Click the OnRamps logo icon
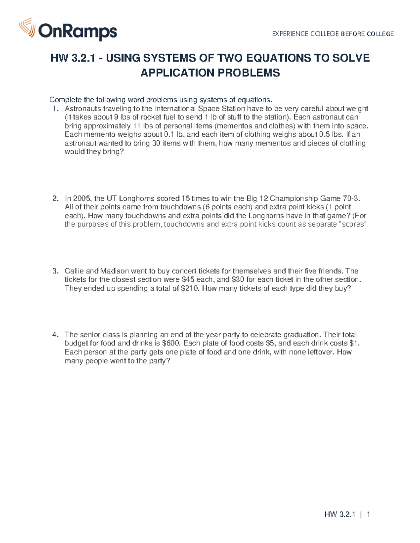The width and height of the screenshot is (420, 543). point(27,28)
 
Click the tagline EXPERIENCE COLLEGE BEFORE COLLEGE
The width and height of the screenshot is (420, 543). point(333,34)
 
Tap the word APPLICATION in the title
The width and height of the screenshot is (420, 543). point(178,73)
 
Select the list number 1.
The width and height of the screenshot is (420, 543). point(55,109)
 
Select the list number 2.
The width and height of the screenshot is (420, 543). point(55,199)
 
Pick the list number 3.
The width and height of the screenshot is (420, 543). point(55,271)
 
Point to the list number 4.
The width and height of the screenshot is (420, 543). point(55,335)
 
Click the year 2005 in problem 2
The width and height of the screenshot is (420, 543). point(81,199)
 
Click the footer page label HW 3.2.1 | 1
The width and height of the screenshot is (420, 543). point(347,514)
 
